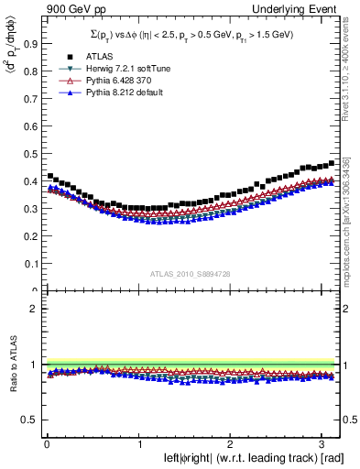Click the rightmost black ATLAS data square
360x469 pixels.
332,162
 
